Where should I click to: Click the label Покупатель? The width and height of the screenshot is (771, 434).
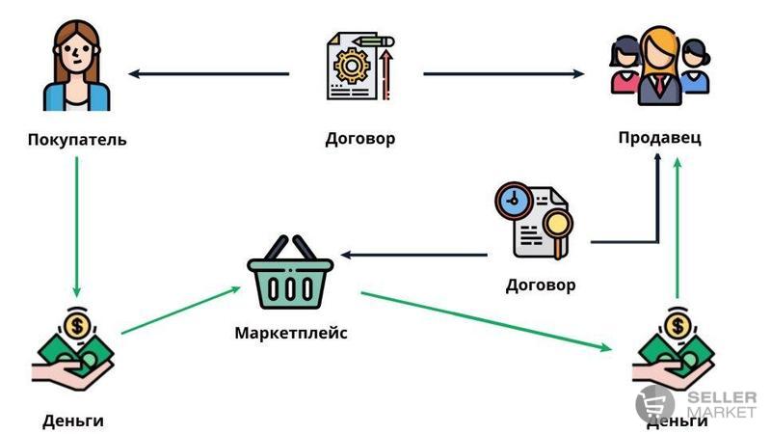pos(77,140)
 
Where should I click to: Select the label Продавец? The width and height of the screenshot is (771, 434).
pos(660,137)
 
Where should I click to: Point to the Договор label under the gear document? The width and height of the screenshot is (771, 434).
pos(360,138)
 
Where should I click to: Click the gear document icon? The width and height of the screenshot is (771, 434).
pos(359,67)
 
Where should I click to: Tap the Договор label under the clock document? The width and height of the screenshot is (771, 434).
pos(541,285)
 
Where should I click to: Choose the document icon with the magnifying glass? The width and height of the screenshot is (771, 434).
pos(534,220)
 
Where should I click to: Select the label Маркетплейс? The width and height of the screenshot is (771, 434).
pos(291,334)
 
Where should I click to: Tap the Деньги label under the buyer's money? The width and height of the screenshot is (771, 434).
pos(73,420)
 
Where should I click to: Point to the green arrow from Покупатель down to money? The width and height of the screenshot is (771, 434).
pos(75,227)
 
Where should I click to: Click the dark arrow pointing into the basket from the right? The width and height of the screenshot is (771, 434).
pos(414,256)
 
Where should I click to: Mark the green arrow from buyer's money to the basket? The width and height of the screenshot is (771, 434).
pos(181,311)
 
